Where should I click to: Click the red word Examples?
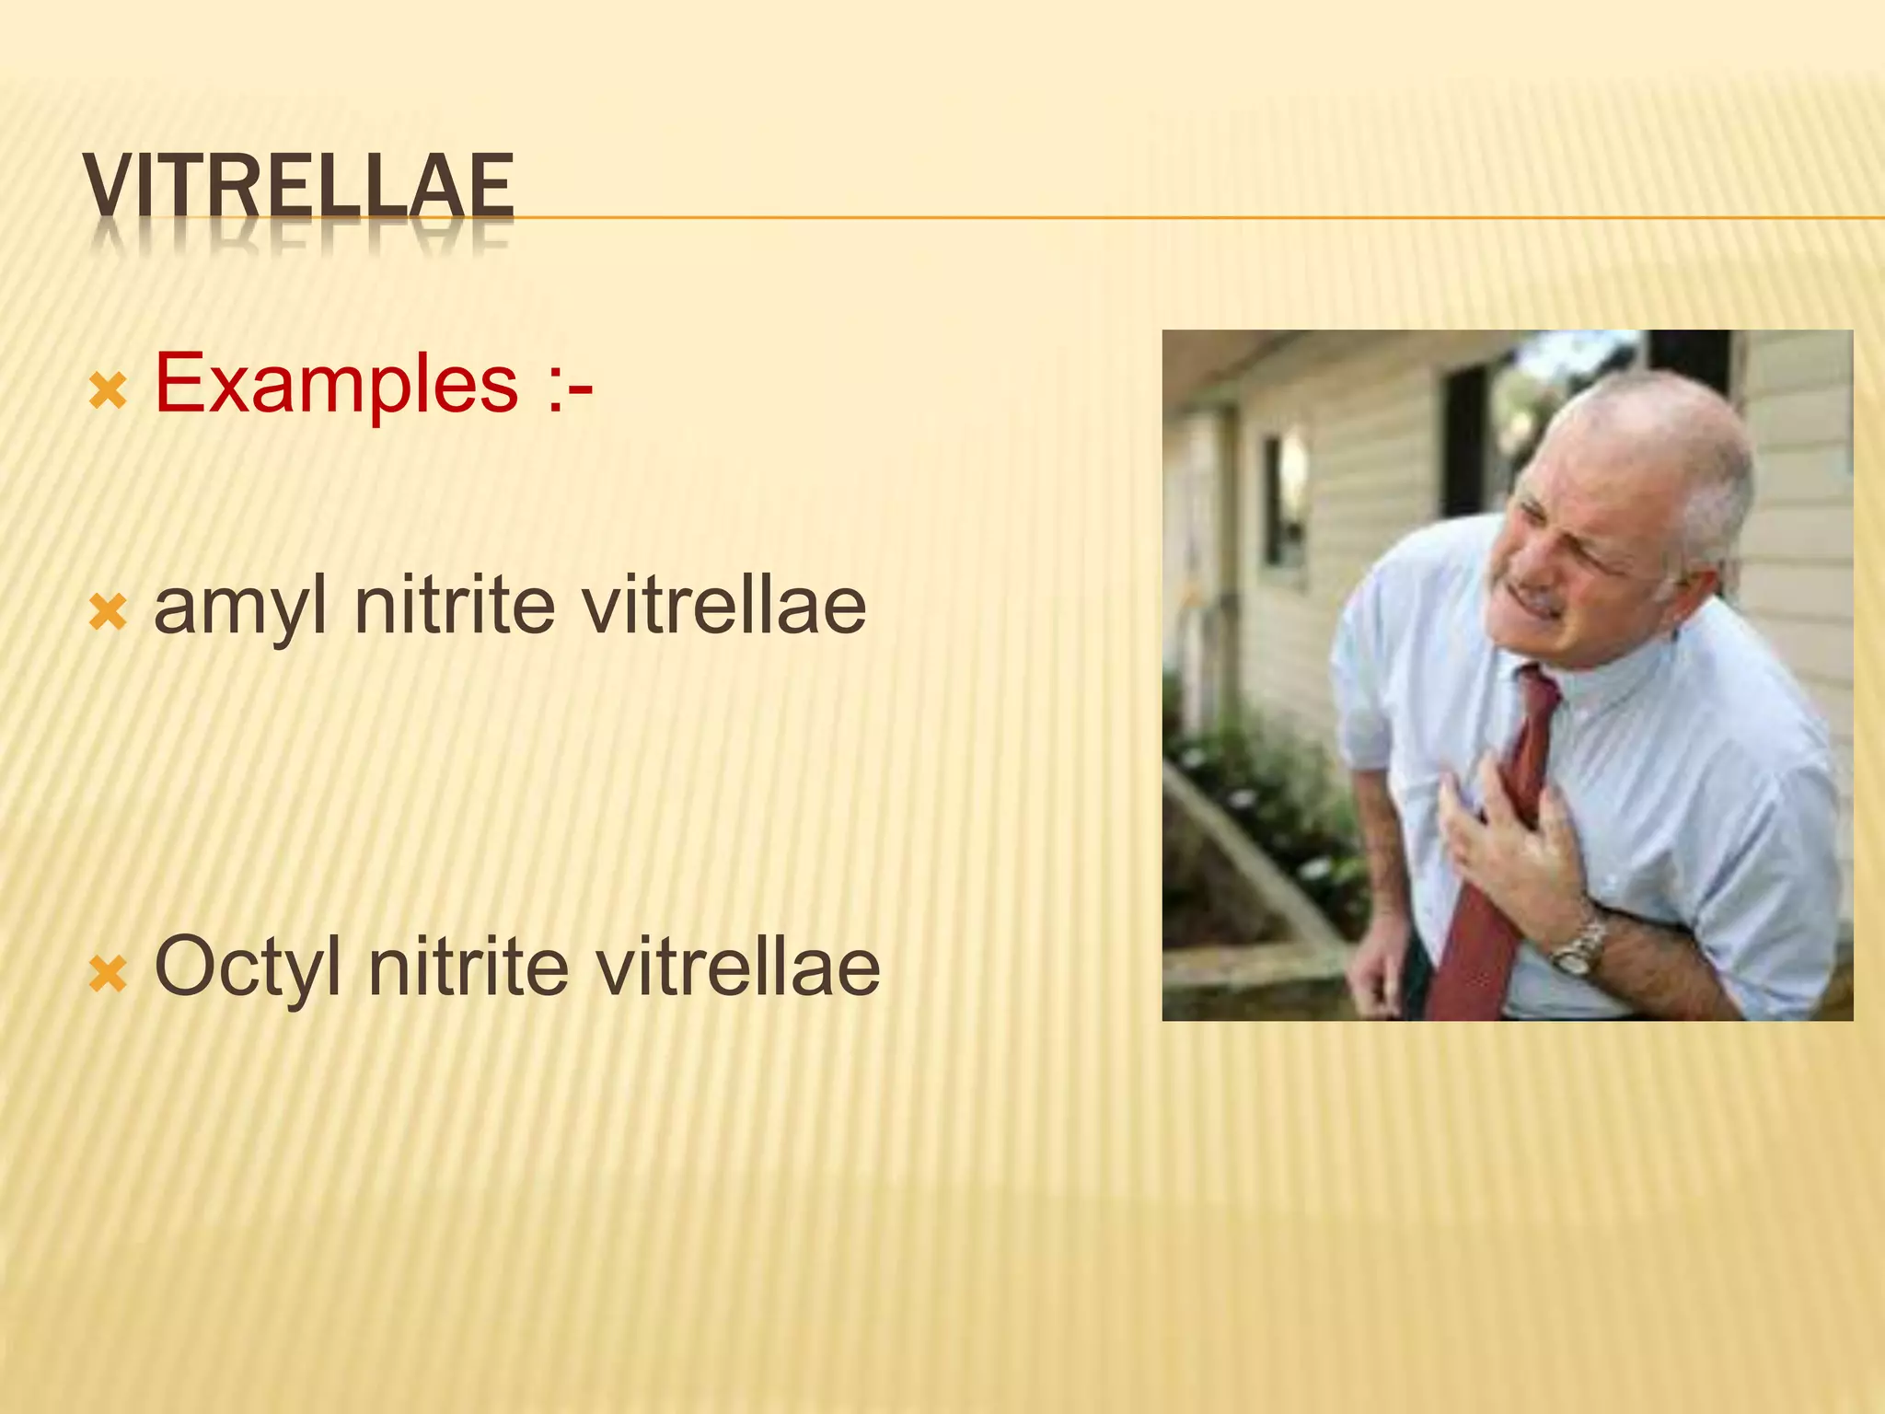[x=336, y=383]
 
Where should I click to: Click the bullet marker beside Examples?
[x=107, y=391]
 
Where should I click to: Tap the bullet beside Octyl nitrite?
[x=107, y=974]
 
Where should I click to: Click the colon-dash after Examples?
[x=568, y=385]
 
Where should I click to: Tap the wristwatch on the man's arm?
[x=1579, y=948]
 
